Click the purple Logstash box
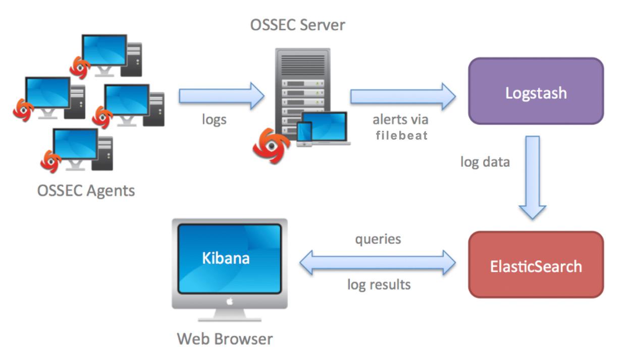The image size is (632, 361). tap(536, 91)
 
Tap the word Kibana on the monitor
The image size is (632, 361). tap(226, 258)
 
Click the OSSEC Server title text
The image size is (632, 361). tap(298, 25)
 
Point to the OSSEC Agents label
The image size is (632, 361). tap(86, 191)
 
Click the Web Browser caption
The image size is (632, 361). tap(225, 338)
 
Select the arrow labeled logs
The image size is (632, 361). tap(221, 96)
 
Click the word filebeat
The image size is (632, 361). tap(402, 135)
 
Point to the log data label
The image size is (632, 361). tap(485, 162)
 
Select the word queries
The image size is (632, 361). tap(378, 238)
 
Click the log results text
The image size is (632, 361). tap(379, 284)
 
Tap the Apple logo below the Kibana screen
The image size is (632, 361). tap(229, 302)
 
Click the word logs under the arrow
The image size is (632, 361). tap(214, 120)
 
